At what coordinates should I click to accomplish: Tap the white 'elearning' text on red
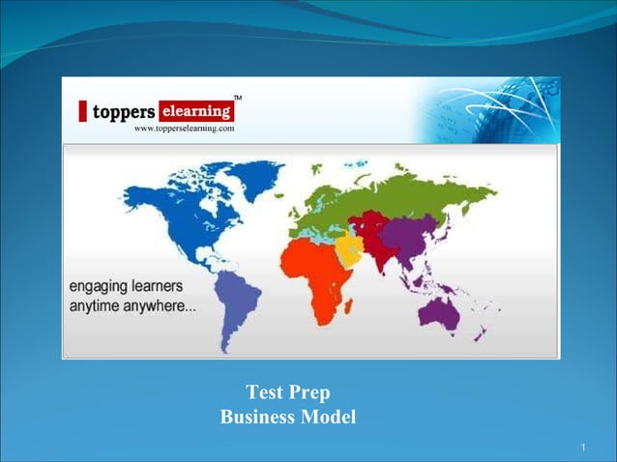pyautogui.click(x=196, y=109)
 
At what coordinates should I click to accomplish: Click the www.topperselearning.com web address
pyautogui.click(x=184, y=128)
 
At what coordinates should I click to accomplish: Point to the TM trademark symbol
pyautogui.click(x=238, y=99)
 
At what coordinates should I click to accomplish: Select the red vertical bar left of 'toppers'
pyautogui.click(x=84, y=111)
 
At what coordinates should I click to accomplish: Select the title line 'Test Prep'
pyautogui.click(x=288, y=392)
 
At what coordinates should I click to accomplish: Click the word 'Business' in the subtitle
pyautogui.click(x=260, y=418)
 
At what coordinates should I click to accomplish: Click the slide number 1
pyautogui.click(x=584, y=447)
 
